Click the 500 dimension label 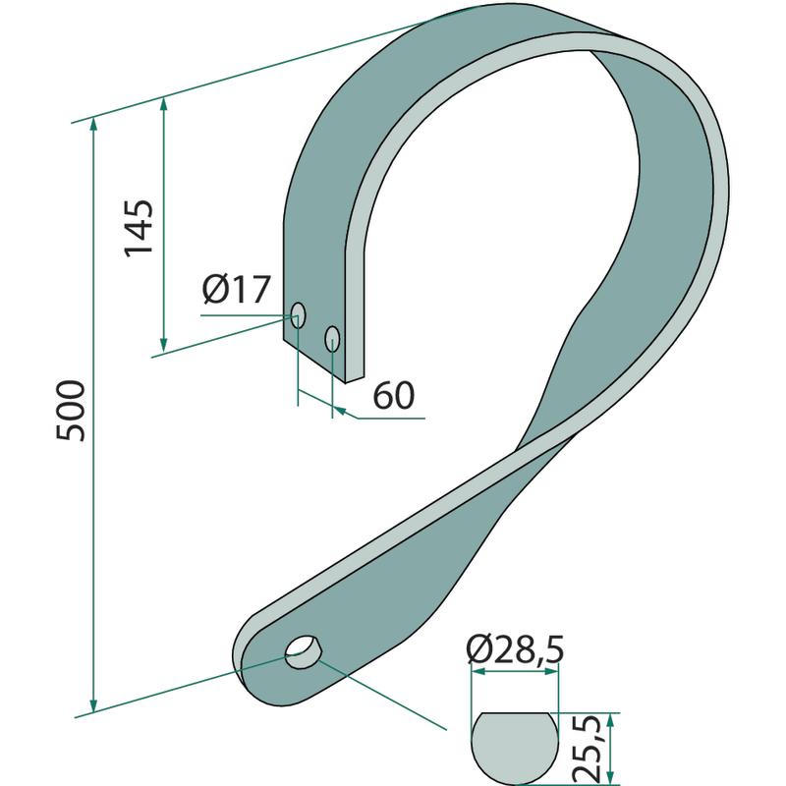click(x=71, y=411)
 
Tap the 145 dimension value click(x=139, y=228)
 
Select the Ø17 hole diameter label click(x=237, y=289)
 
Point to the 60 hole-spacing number click(x=394, y=396)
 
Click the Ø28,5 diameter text click(x=515, y=649)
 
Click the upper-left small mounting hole click(x=298, y=315)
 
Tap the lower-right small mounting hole click(x=332, y=339)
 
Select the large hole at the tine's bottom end click(x=303, y=651)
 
